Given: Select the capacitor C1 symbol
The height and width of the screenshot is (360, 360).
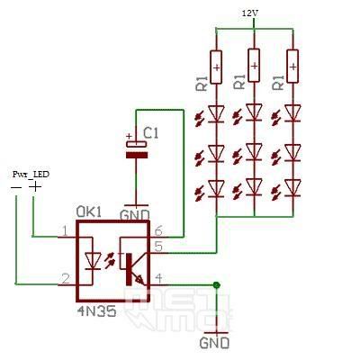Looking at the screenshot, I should coord(136,148).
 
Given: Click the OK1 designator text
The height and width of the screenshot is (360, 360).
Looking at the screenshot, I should coord(87,211).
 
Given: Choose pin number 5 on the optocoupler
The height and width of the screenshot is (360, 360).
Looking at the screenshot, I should coord(158,246).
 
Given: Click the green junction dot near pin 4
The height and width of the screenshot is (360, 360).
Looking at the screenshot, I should coord(217,286).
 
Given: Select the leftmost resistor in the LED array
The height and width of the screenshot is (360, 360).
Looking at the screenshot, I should coord(216,65).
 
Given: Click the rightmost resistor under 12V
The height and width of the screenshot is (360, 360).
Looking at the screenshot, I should coord(292,65).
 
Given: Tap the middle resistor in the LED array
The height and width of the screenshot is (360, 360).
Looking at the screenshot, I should coord(254,65).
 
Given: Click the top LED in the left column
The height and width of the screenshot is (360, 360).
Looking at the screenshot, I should coord(216,113).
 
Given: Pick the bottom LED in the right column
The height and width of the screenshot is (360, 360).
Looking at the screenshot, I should coord(292,188).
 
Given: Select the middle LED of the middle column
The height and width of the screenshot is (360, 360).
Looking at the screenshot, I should coord(254,150).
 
